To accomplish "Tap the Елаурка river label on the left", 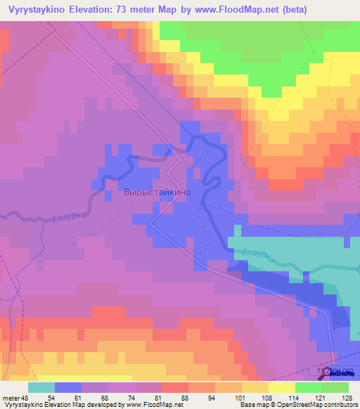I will [x=69, y=219].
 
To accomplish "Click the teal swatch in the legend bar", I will [x=41, y=387].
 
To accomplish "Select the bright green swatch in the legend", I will [x=309, y=387].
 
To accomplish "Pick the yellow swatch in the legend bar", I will [x=282, y=387].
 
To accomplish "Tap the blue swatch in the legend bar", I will [x=68, y=387].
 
